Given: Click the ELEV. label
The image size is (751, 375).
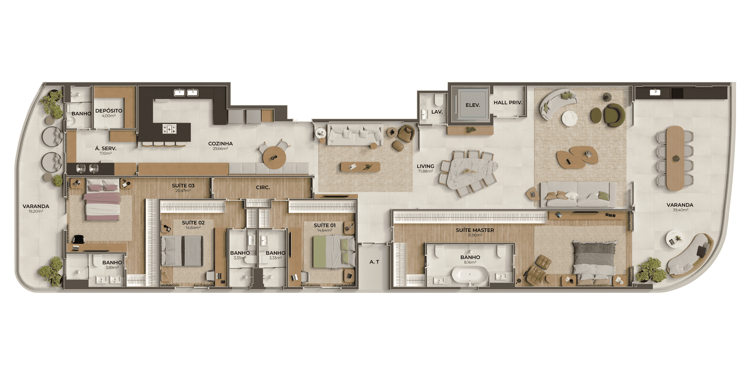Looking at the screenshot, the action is point(473,105).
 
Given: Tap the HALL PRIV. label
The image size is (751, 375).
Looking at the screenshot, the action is point(508,103).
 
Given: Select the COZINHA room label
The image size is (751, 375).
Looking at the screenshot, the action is point(220,144).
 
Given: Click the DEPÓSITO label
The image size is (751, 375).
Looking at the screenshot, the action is point(109,111).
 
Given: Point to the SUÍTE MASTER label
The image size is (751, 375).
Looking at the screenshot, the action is point(475,230).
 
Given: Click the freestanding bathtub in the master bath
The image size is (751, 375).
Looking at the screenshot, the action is point(470,275).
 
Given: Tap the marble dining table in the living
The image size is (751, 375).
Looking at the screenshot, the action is point(473,171).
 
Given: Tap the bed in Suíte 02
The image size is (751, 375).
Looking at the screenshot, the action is point(182,251).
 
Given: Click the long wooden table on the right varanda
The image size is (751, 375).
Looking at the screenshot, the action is point(675,158).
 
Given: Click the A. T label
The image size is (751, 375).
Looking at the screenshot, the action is point(374,262).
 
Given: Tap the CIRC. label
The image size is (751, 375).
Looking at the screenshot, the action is point(263,187).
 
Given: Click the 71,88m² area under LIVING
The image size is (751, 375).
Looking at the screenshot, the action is point(425,171).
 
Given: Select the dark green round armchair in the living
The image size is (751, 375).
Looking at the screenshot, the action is point(614,115).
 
